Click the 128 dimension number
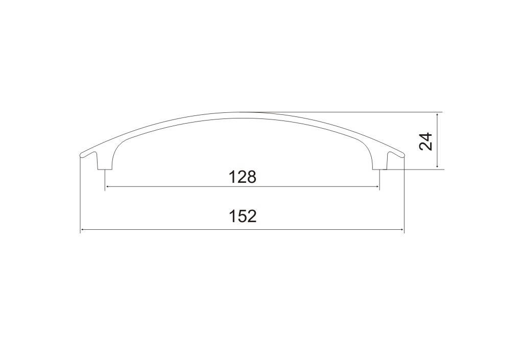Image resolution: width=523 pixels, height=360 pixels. pos(243,177)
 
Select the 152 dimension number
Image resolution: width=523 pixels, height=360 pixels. pos(243,217)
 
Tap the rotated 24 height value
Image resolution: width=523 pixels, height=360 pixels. pos(426,141)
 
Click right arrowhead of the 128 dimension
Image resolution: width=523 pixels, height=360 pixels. pos(377,187)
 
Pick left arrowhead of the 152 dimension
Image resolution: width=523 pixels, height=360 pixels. pos(83,229)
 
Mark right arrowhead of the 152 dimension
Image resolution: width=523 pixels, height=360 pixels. pos(401,229)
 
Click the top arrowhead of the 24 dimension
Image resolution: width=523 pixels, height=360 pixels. pos(437,115)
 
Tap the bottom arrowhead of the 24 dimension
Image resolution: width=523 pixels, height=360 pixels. pos(437,166)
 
